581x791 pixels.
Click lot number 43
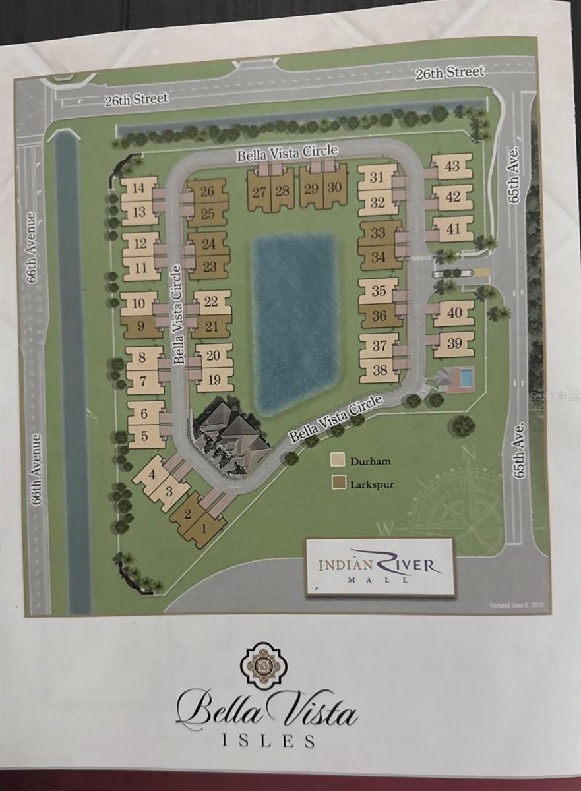(452, 166)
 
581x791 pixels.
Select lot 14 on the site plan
(138, 189)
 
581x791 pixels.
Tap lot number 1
(204, 527)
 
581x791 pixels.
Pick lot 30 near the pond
(334, 187)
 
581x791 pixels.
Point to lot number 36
(379, 316)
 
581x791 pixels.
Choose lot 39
(454, 343)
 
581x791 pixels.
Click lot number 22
(211, 301)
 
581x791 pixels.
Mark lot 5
(144, 436)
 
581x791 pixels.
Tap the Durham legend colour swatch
(338, 459)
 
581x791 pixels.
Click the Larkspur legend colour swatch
(338, 483)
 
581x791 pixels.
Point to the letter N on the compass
(470, 452)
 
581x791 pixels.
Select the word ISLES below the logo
(267, 740)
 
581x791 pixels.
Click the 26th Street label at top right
(450, 72)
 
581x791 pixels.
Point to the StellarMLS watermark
(554, 396)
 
